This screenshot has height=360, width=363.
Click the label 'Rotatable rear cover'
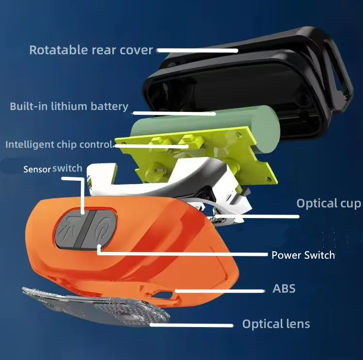(91, 50)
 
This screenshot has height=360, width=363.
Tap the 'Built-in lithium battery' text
(69, 107)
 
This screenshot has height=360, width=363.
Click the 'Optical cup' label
(329, 203)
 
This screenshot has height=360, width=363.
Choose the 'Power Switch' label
(303, 255)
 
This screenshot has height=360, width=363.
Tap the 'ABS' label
(284, 289)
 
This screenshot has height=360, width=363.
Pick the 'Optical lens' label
(276, 324)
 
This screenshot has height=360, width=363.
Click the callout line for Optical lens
(194, 325)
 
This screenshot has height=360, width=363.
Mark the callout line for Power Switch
(184, 253)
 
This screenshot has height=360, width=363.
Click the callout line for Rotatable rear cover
(198, 49)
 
